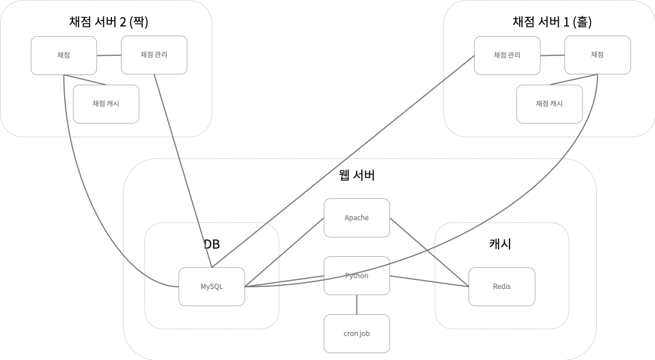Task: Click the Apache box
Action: click(x=357, y=218)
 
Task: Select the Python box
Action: click(x=357, y=276)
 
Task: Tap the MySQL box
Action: click(x=212, y=286)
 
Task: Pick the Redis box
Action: click(x=501, y=286)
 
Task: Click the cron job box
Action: click(x=357, y=334)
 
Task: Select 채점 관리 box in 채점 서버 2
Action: click(x=154, y=55)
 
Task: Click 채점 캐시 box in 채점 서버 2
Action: click(x=106, y=104)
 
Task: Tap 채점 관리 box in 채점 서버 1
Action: click(x=507, y=55)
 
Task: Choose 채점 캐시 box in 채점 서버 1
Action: click(x=549, y=104)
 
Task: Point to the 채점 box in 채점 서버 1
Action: click(x=597, y=55)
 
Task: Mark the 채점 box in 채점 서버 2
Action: click(x=64, y=55)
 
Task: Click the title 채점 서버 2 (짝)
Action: click(x=109, y=22)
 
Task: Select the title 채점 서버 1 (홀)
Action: click(x=552, y=22)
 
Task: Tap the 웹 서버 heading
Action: click(x=357, y=176)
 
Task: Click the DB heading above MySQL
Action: click(x=212, y=244)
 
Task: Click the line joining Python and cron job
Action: click(x=357, y=305)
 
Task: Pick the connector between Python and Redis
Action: click(x=429, y=280)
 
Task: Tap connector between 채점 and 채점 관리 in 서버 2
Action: click(x=109, y=55)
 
